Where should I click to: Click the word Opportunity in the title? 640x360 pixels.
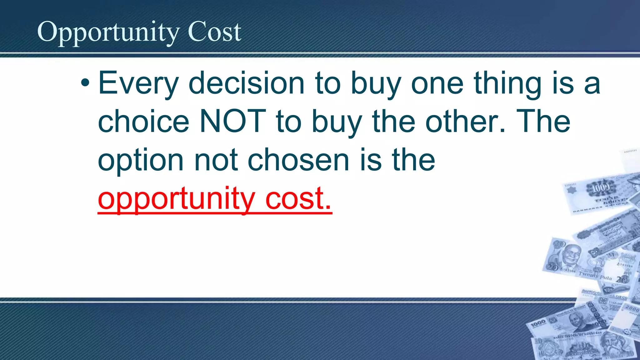tap(108, 32)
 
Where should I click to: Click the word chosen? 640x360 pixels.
tap(298, 160)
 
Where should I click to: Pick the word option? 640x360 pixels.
tap(141, 160)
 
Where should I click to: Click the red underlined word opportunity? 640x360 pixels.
tap(177, 198)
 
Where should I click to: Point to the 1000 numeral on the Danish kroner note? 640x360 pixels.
tap(600, 188)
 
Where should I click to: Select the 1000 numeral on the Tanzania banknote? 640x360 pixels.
tap(538, 324)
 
